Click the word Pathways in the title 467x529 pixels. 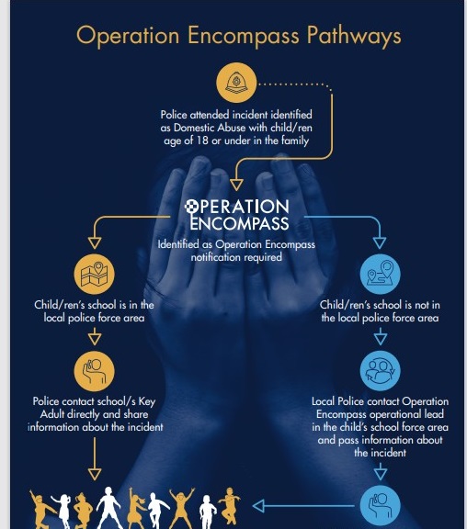tap(354, 36)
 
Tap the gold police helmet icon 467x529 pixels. tap(236, 83)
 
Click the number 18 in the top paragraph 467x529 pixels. tap(202, 141)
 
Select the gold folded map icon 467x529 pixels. tap(94, 274)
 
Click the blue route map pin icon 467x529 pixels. tap(381, 274)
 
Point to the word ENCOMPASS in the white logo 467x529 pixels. tap(239, 223)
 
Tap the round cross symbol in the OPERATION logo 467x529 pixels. tap(191, 207)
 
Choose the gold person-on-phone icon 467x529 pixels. tap(94, 371)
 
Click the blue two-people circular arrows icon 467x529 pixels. tap(381, 371)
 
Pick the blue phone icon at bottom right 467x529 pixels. tap(381, 506)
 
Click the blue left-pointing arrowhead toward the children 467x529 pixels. tap(258, 506)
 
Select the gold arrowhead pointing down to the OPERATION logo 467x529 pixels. tap(236, 185)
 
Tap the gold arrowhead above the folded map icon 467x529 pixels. tap(95, 242)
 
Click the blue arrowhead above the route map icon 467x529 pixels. tap(380, 242)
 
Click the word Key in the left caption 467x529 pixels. tap(147, 402)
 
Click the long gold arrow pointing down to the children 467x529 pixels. tap(95, 459)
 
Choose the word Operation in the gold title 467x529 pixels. tap(128, 36)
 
